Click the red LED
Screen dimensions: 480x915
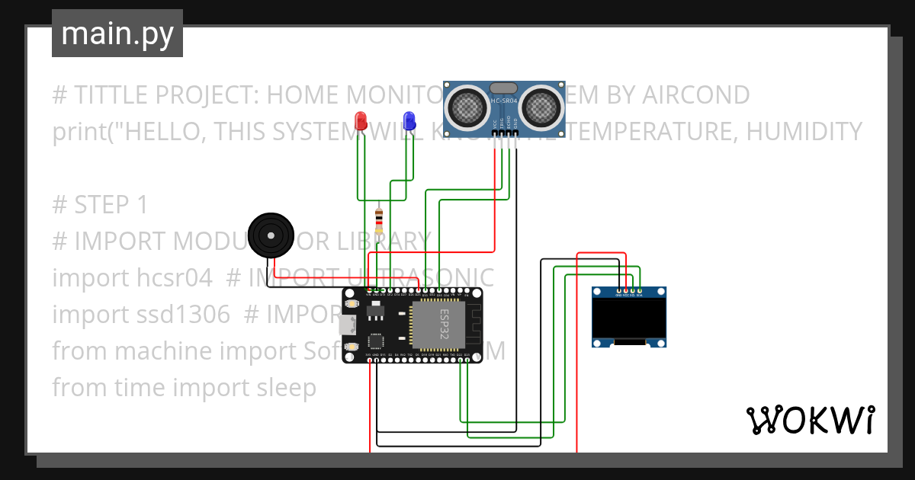coord(361,120)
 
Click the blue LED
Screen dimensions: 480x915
coord(409,120)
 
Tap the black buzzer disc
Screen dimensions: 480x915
coord(271,233)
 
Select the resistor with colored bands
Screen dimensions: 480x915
coord(379,221)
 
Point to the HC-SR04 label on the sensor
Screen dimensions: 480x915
coord(505,101)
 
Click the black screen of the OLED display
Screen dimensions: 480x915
coord(629,318)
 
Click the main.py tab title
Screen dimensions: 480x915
coord(117,34)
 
